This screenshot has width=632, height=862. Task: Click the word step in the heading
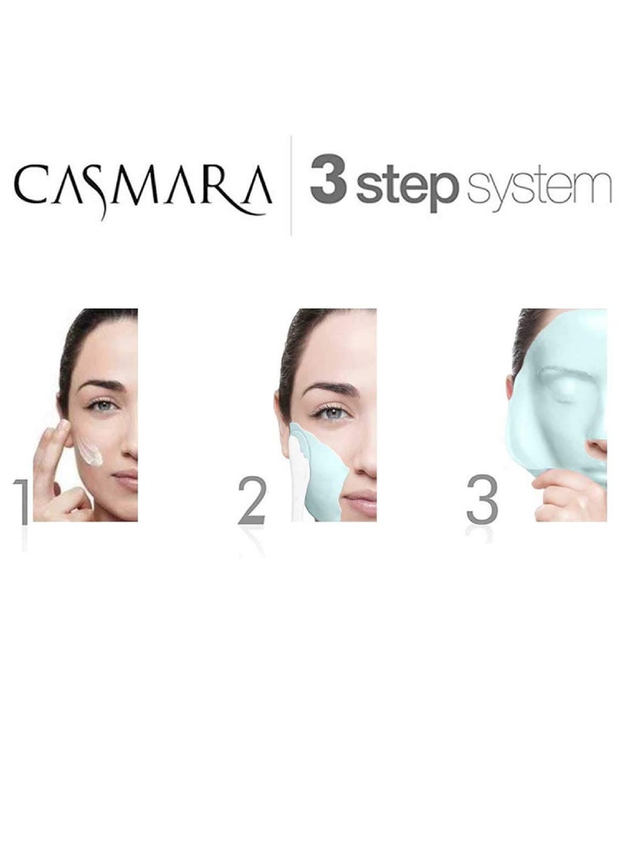(x=406, y=187)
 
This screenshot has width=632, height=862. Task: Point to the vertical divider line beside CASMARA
(x=292, y=185)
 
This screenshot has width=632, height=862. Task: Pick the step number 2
(x=252, y=500)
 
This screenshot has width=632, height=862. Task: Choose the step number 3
(x=482, y=500)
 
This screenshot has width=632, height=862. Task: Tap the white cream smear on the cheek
(x=89, y=452)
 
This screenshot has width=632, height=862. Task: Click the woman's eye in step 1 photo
(x=100, y=406)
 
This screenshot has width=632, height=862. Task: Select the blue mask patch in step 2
(x=320, y=474)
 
